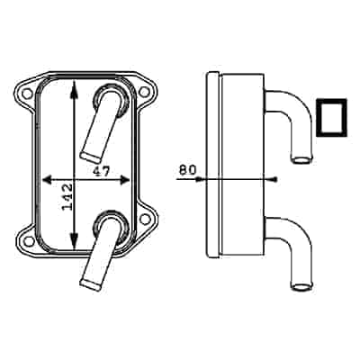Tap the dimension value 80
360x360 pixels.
[x=187, y=167]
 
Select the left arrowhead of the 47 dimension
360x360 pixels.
[x=46, y=177]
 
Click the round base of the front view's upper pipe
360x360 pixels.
[x=110, y=97]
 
